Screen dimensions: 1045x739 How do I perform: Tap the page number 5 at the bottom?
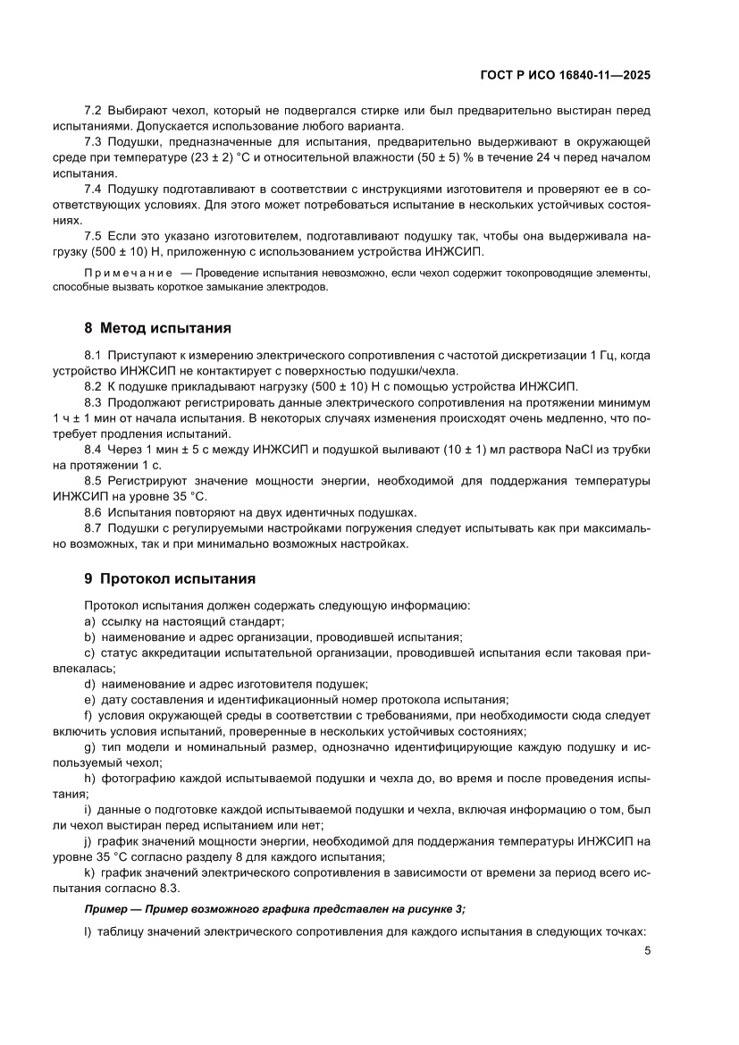click(647, 950)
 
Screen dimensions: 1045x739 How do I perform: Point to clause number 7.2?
click(93, 110)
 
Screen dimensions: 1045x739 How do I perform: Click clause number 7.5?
click(93, 235)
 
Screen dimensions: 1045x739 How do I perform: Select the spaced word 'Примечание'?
click(129, 273)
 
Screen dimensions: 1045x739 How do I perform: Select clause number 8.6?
click(93, 512)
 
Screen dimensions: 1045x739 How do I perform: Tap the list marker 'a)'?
click(89, 621)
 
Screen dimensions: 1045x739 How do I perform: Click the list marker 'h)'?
click(89, 779)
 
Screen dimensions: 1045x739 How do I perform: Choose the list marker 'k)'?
click(89, 872)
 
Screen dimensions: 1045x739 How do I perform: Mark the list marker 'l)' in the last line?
click(88, 931)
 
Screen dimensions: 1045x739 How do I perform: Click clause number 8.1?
click(93, 356)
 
